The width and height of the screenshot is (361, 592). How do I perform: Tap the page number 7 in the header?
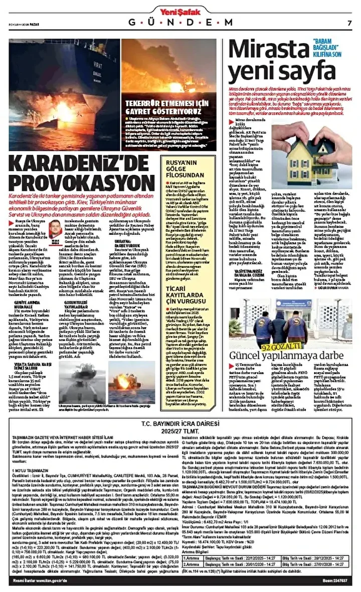point(349,22)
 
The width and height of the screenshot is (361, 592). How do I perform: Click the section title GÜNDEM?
point(180,23)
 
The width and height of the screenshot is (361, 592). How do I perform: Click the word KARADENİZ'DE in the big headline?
point(80,164)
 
